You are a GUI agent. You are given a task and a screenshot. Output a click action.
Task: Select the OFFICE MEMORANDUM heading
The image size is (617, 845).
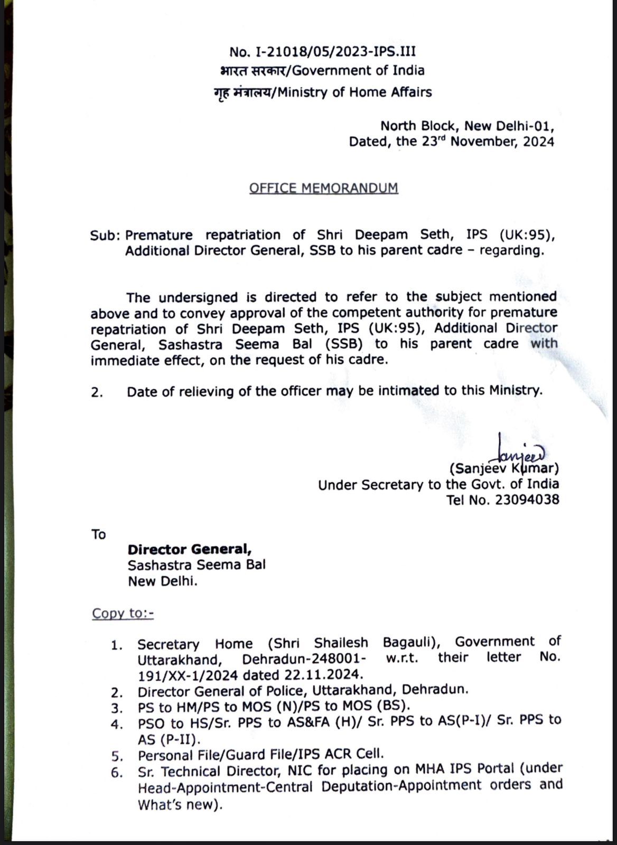(x=323, y=189)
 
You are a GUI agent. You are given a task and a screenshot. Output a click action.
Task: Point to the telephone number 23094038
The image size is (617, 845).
(x=527, y=500)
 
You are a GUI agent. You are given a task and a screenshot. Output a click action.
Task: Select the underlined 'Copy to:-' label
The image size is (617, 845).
(x=123, y=613)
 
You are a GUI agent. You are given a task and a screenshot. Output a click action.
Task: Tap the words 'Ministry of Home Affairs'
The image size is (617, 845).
(x=354, y=92)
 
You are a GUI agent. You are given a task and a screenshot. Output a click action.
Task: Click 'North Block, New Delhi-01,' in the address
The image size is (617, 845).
(x=467, y=126)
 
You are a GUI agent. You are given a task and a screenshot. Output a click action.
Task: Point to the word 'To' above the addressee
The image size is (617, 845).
(x=99, y=534)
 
